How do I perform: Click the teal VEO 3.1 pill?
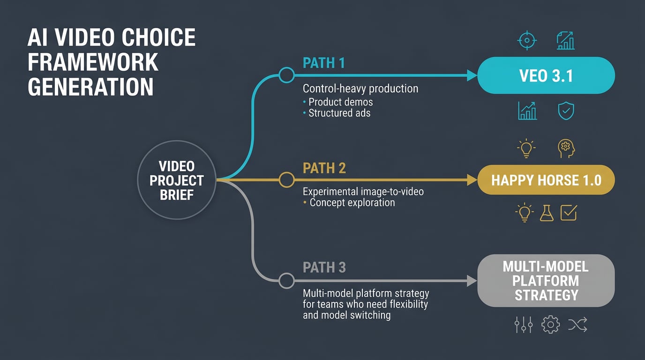pyautogui.click(x=546, y=75)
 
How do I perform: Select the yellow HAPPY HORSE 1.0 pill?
pyautogui.click(x=546, y=180)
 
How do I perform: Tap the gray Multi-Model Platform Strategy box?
pyautogui.click(x=546, y=281)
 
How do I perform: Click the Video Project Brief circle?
pyautogui.click(x=177, y=180)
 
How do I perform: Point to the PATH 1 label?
pyautogui.click(x=324, y=63)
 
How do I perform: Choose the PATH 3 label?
pyautogui.click(x=324, y=267)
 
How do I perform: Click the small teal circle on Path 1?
pyautogui.click(x=286, y=75)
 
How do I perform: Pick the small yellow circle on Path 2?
pyautogui.click(x=286, y=180)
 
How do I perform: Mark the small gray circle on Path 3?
pyautogui.click(x=286, y=281)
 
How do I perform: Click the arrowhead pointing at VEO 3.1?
pyautogui.click(x=472, y=75)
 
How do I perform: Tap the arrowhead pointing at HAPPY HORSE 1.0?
pyautogui.click(x=472, y=180)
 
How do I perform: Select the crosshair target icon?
pyautogui.click(x=526, y=41)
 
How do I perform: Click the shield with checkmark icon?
pyautogui.click(x=566, y=111)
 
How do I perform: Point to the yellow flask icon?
pyautogui.click(x=547, y=213)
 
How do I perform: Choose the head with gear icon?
pyautogui.click(x=566, y=149)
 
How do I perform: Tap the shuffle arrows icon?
pyautogui.click(x=577, y=324)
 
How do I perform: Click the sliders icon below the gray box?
pyautogui.click(x=523, y=324)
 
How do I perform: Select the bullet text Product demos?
pyautogui.click(x=340, y=101)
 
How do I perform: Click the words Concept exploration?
pyautogui.click(x=352, y=202)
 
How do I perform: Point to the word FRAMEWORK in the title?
pyautogui.click(x=93, y=62)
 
